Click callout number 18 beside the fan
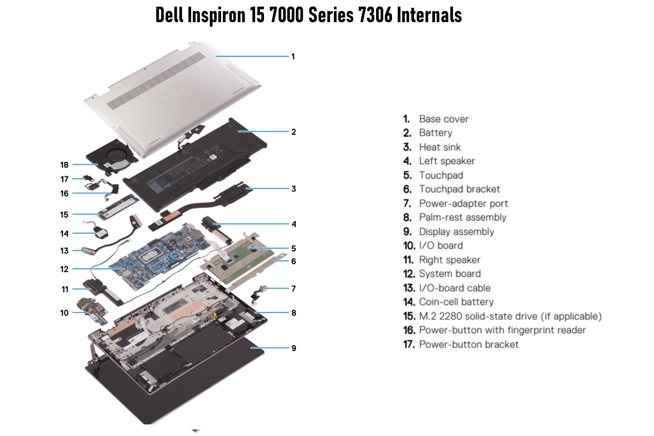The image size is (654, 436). click(x=64, y=165)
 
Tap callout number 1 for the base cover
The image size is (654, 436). click(x=293, y=57)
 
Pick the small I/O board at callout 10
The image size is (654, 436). click(x=93, y=311)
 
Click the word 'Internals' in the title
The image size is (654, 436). click(x=429, y=15)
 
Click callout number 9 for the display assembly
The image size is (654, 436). click(x=294, y=348)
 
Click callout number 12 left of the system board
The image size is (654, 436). click(x=64, y=269)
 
